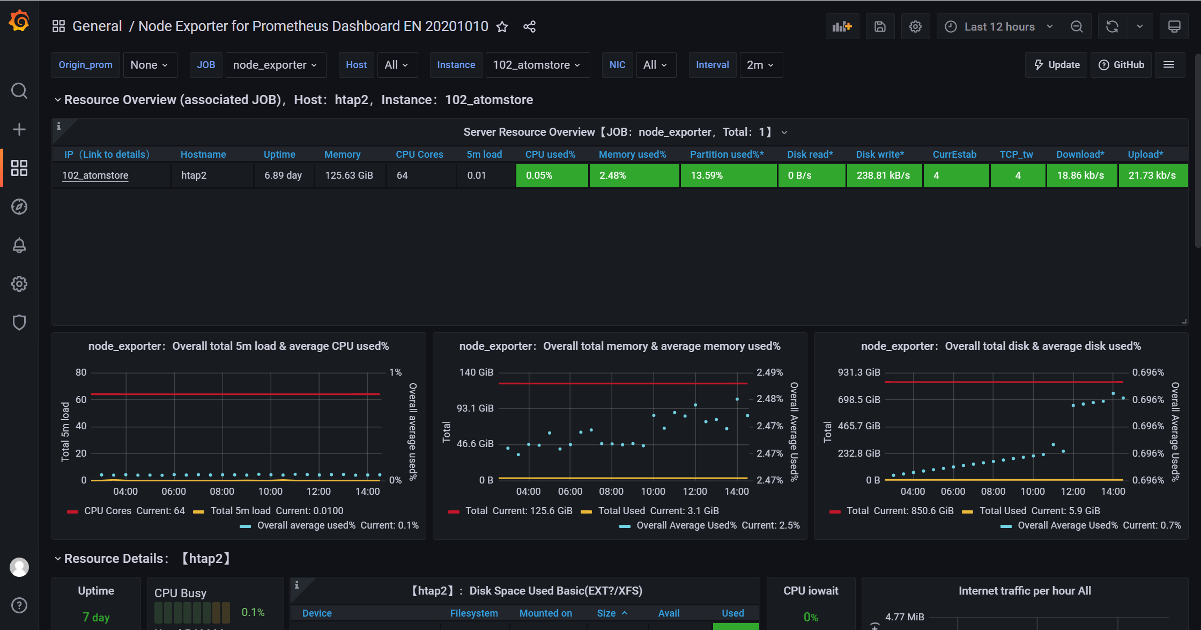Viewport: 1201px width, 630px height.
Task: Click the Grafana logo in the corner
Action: pyautogui.click(x=19, y=21)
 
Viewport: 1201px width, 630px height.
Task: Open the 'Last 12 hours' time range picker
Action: pyautogui.click(x=999, y=27)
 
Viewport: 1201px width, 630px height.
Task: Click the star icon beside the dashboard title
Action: pyautogui.click(x=502, y=27)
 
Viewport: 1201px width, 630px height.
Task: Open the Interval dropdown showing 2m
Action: pyautogui.click(x=761, y=65)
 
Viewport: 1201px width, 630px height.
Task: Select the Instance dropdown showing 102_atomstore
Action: pyautogui.click(x=537, y=65)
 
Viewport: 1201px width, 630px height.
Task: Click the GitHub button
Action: pyautogui.click(x=1121, y=65)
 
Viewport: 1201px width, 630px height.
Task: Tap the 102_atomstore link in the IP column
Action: pyautogui.click(x=95, y=175)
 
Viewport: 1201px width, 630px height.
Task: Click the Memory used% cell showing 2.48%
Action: pyautogui.click(x=634, y=175)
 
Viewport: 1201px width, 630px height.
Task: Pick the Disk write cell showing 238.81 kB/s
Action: pyautogui.click(x=884, y=175)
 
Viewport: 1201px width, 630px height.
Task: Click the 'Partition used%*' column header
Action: pyautogui.click(x=727, y=155)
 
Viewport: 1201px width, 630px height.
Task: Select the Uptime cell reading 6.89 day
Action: pyautogui.click(x=283, y=175)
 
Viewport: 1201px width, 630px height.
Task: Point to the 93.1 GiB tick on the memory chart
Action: pyautogui.click(x=475, y=408)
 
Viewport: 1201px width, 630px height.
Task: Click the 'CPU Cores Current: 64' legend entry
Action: pyautogui.click(x=126, y=511)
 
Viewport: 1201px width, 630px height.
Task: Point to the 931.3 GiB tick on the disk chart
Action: pyautogui.click(x=859, y=372)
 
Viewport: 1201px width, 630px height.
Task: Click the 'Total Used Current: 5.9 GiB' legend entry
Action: pyautogui.click(x=1031, y=511)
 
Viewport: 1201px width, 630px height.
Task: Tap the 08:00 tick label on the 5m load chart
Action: pyautogui.click(x=222, y=492)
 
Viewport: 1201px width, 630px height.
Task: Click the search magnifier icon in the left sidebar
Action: pyautogui.click(x=19, y=91)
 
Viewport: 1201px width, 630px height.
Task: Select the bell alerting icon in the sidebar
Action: pyautogui.click(x=19, y=245)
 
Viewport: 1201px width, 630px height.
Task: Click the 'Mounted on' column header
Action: pyautogui.click(x=546, y=613)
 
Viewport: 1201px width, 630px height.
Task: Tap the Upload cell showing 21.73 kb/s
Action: pyautogui.click(x=1153, y=175)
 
